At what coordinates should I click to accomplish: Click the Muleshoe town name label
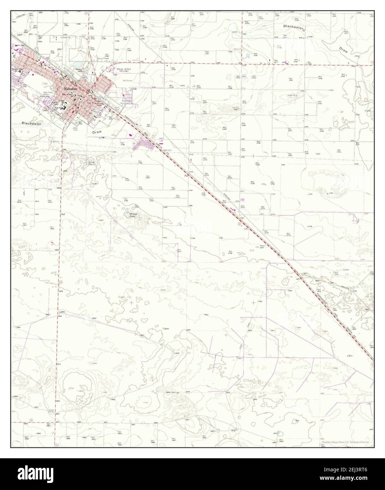[71, 90]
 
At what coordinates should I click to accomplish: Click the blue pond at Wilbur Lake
[126, 214]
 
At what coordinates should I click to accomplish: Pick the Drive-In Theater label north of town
[103, 58]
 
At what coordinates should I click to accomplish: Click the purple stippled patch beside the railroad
[143, 143]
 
